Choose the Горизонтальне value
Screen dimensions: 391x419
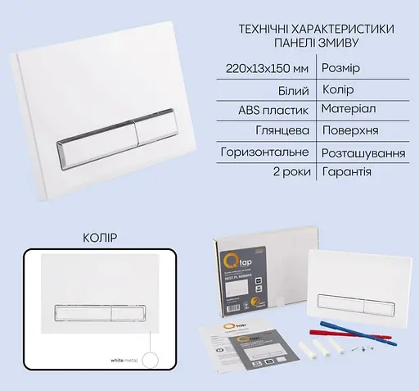(264, 152)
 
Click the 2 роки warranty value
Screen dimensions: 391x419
(286, 173)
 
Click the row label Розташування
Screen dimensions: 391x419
(368, 152)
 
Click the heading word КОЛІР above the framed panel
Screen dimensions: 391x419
(100, 238)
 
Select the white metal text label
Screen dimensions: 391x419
(121, 359)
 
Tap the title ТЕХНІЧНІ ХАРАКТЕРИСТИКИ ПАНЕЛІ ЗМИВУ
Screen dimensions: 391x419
(310, 35)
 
